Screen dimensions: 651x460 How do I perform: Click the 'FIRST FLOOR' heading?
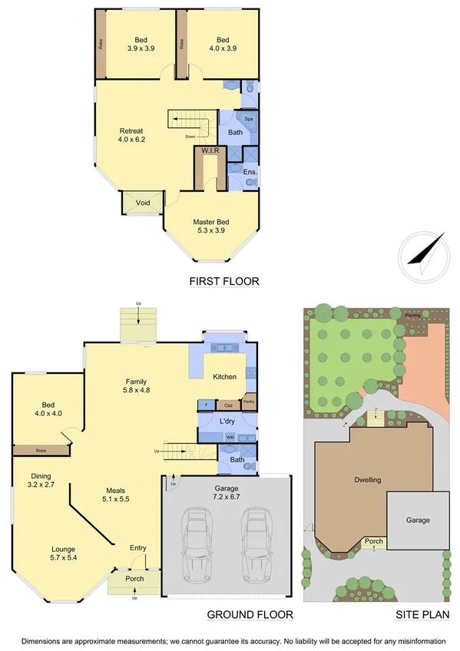[224, 282]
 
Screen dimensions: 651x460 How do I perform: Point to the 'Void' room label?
[143, 203]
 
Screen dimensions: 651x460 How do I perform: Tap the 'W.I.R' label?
[210, 150]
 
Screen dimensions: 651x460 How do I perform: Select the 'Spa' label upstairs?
[249, 120]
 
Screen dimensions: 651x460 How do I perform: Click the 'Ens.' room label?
[250, 172]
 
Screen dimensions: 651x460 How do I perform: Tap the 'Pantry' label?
[248, 401]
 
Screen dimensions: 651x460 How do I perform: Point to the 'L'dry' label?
[227, 421]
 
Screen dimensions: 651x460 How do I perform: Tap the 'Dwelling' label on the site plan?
[368, 480]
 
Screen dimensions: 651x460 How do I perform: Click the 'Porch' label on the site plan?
[374, 542]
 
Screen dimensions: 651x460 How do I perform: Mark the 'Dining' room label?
[41, 476]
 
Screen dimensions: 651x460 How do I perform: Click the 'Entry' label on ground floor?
[138, 547]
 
